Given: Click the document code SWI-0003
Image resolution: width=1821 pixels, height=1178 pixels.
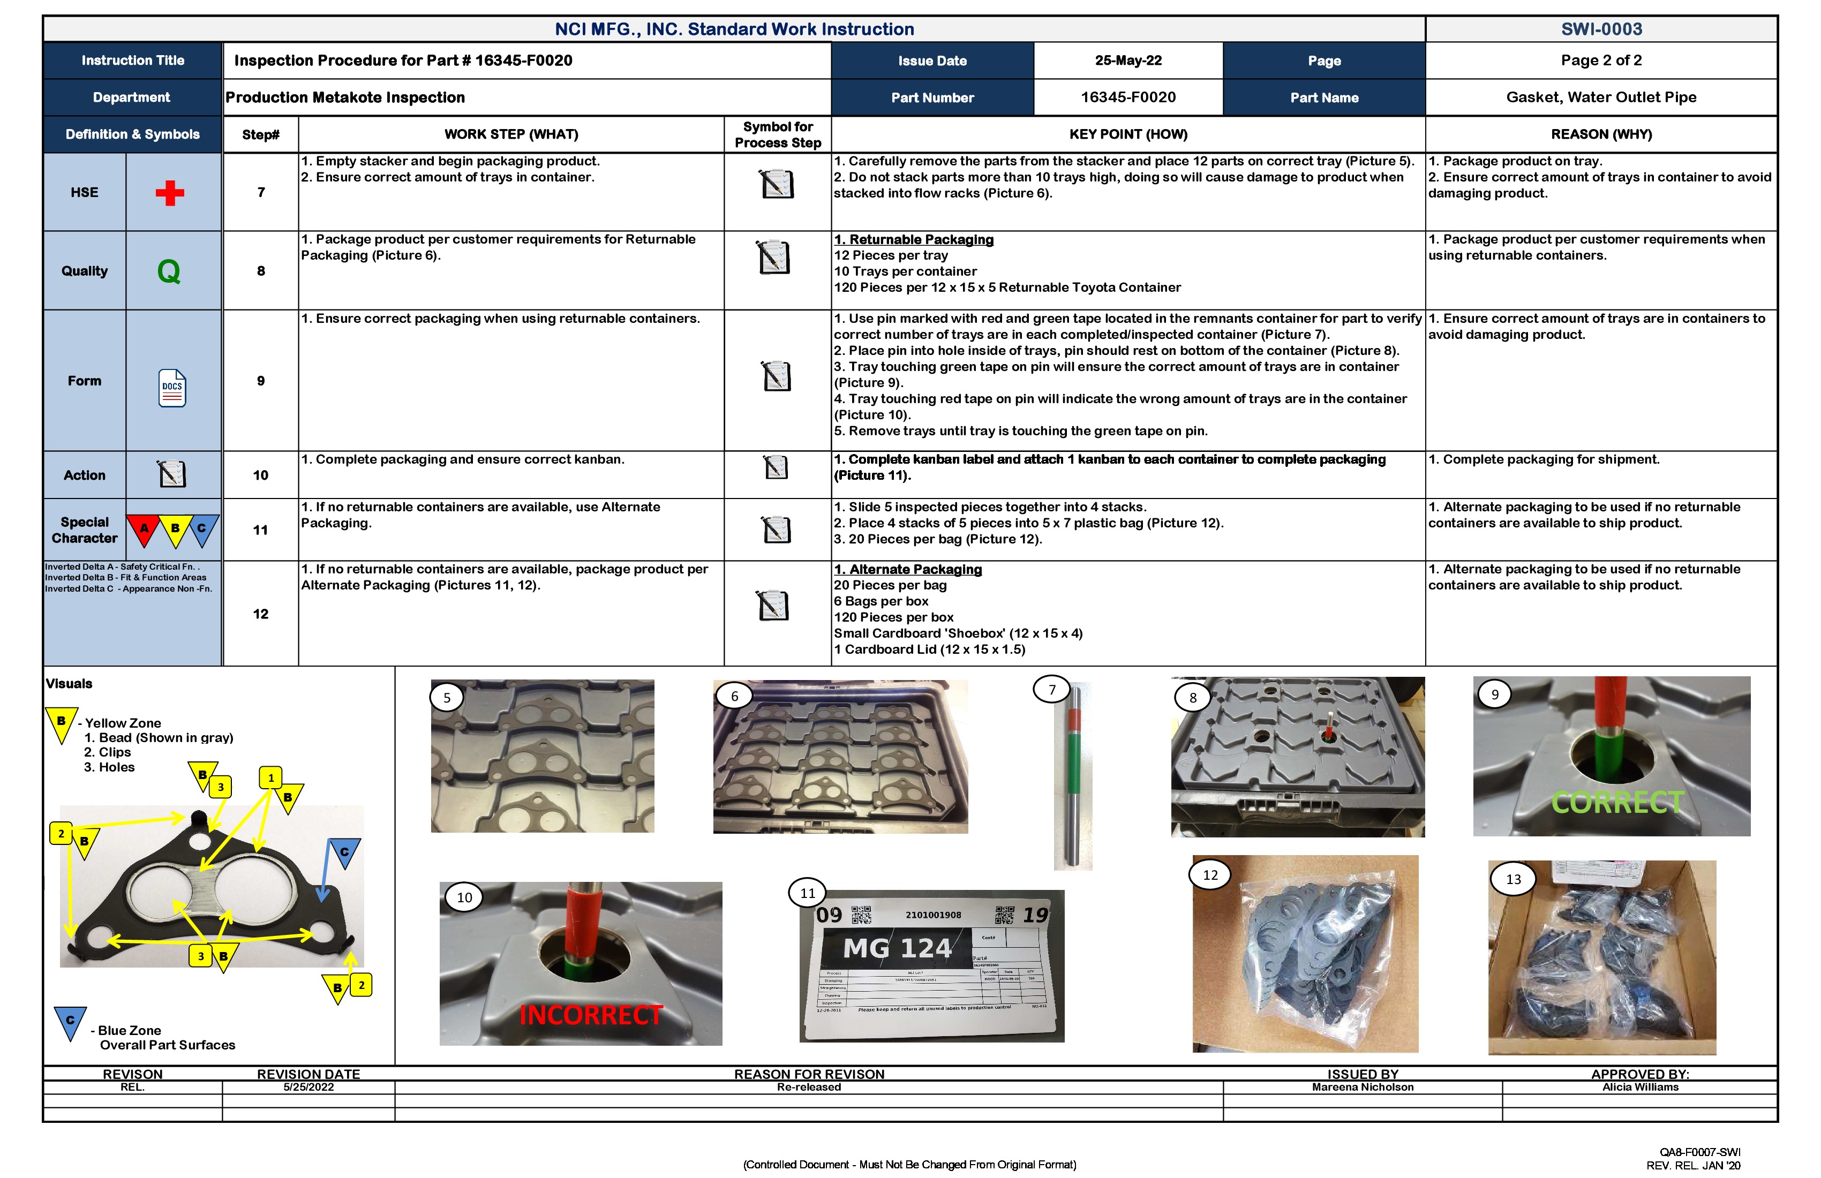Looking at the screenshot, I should tap(1601, 29).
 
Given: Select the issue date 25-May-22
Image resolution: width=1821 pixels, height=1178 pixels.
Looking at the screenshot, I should tap(1128, 61).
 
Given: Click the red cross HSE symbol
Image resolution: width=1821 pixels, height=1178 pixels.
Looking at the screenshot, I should tap(170, 193).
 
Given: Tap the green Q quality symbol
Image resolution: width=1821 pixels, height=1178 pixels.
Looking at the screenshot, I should tap(169, 271).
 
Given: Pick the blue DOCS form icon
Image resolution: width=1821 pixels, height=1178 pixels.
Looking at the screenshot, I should tap(172, 389).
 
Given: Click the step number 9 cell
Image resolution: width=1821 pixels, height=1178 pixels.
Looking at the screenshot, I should tap(261, 381).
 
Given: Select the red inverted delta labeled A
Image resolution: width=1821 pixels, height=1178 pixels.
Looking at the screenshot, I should tap(143, 530).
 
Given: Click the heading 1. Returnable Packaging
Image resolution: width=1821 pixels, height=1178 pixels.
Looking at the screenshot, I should tap(914, 239).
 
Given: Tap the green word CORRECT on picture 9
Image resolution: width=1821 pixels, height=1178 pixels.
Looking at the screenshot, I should tap(1617, 803).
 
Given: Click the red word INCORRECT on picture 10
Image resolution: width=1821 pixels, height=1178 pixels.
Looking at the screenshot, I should tap(591, 1015).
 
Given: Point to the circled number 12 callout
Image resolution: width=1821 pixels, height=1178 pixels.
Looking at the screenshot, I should tap(1210, 875).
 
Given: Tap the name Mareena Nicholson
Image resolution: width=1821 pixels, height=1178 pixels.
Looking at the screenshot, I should tap(1362, 1087).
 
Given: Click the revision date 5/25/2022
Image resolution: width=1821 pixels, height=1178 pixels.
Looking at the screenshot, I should tap(308, 1087).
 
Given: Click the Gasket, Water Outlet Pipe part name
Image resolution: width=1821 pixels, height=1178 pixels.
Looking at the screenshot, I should tap(1601, 97).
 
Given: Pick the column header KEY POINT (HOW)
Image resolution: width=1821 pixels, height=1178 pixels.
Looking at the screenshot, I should tap(1128, 134).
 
